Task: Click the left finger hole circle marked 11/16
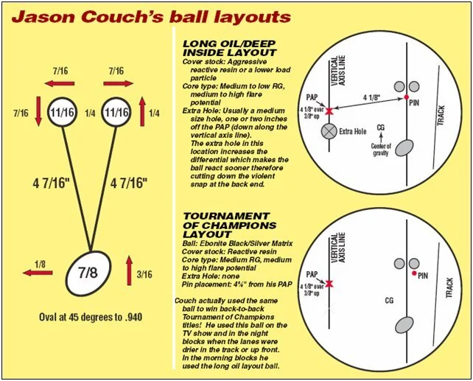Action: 64,113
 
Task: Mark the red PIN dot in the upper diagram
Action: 406,97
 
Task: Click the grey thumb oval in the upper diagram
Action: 404,149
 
